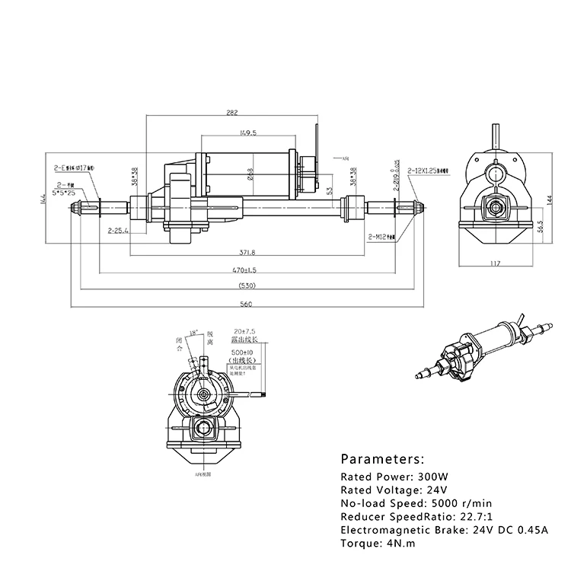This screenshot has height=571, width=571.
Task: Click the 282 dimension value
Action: tap(232, 112)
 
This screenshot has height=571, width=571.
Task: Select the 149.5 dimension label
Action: tap(247, 132)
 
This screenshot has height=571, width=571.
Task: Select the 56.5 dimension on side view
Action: tap(539, 227)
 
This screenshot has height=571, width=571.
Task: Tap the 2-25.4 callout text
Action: tap(118, 230)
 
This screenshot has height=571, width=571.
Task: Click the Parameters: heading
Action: tap(381, 459)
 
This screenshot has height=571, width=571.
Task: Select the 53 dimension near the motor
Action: tap(329, 190)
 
